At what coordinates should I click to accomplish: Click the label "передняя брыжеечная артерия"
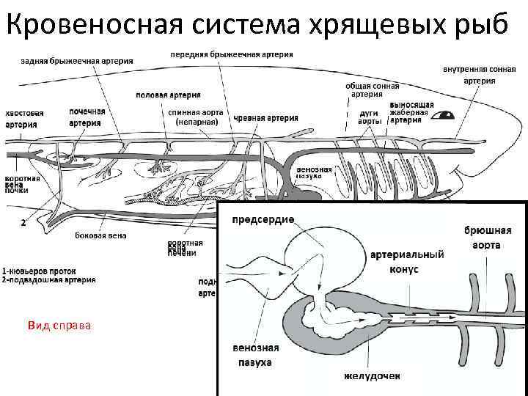(232, 54)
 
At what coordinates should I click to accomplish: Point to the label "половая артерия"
(164, 95)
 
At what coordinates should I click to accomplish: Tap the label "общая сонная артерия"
(366, 89)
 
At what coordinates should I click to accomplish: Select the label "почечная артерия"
(87, 117)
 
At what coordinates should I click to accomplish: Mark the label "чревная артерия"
(266, 118)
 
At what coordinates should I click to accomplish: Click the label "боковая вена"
(100, 235)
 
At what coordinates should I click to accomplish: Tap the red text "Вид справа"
(59, 324)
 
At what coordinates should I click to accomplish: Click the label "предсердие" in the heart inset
(263, 219)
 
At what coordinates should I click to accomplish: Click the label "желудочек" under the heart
(373, 377)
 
